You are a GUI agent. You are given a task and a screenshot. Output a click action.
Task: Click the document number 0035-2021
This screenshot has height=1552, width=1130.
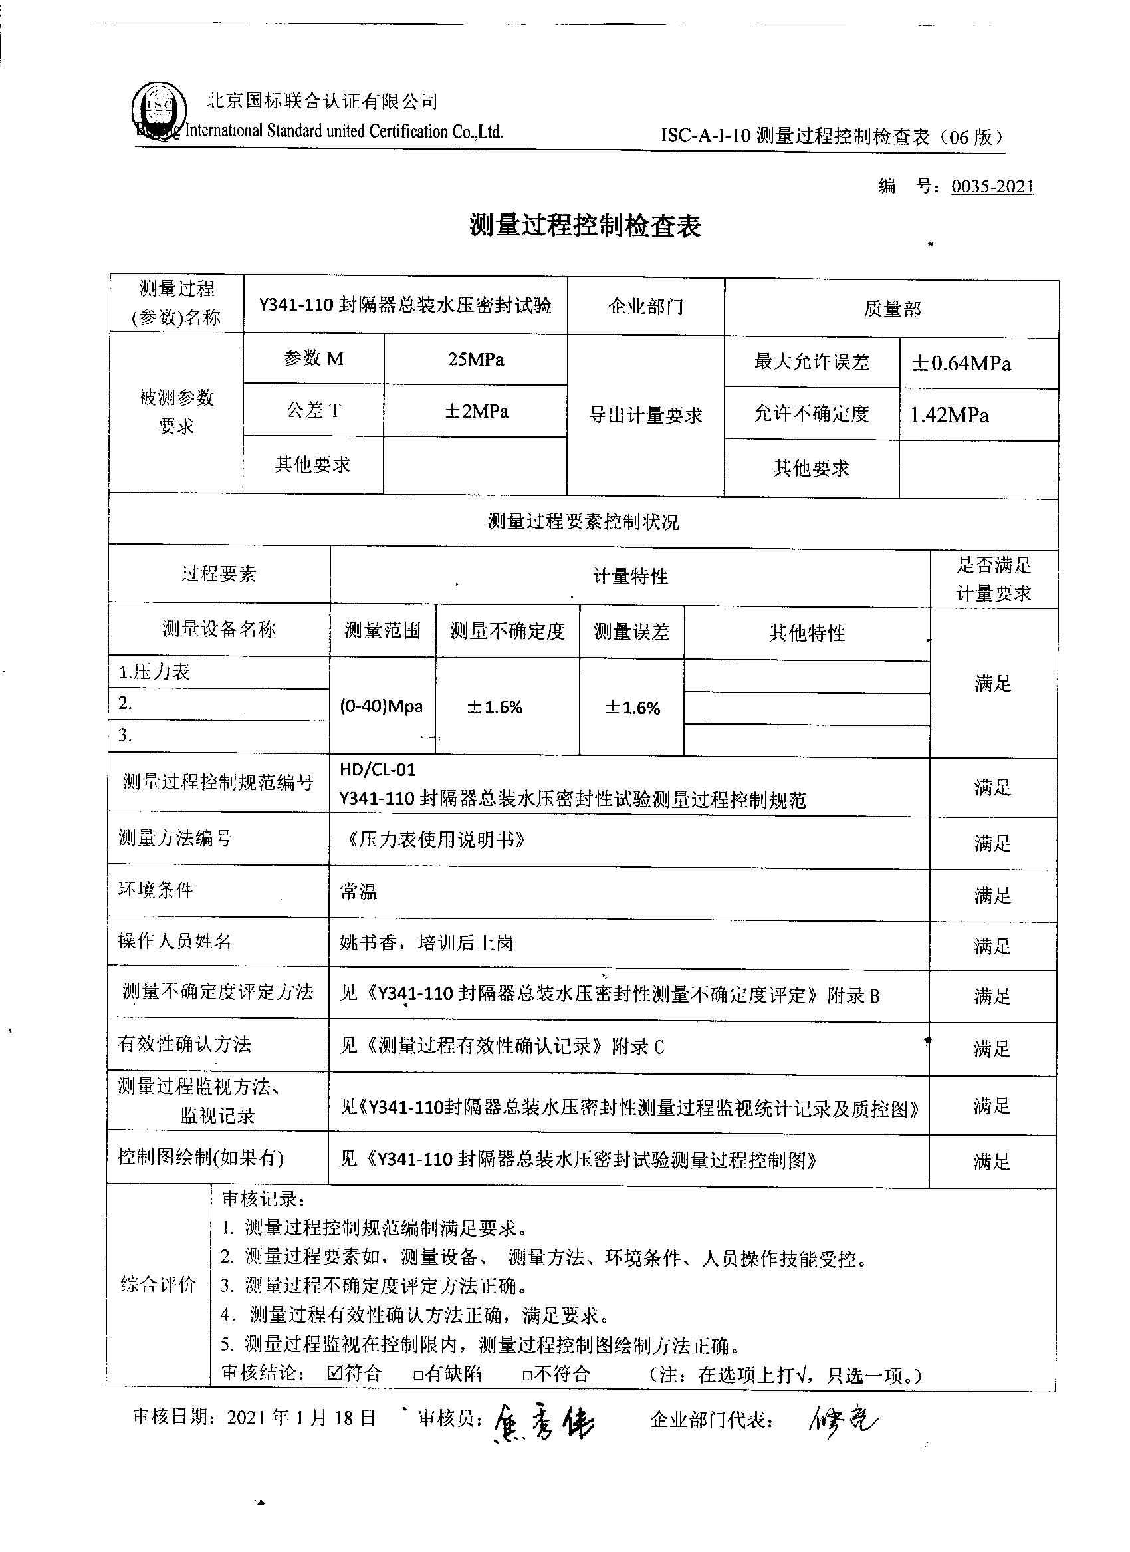point(992,186)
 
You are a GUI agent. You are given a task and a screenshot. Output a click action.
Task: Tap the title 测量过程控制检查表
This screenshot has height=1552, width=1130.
point(585,225)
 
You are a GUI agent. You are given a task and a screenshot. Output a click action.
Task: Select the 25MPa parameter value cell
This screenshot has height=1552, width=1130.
point(475,359)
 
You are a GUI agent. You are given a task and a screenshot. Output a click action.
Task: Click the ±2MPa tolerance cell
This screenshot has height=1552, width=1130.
point(476,411)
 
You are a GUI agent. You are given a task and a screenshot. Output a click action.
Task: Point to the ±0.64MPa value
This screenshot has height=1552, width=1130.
point(961,363)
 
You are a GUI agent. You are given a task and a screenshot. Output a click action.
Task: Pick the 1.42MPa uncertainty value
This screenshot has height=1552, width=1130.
point(949,415)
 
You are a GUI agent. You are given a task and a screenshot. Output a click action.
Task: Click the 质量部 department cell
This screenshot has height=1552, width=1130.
point(891,309)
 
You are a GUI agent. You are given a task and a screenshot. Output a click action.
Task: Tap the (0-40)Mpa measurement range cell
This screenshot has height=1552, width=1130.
point(381,706)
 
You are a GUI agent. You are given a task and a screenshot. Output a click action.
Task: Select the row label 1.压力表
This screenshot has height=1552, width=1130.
point(155,672)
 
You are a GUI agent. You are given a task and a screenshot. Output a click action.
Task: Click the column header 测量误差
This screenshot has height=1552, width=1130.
point(631,631)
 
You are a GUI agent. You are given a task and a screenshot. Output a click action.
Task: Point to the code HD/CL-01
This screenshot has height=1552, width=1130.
point(378,770)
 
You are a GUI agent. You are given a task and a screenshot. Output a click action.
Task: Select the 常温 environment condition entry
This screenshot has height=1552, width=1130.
point(358,892)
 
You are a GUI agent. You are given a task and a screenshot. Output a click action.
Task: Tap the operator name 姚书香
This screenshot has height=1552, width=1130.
point(374,943)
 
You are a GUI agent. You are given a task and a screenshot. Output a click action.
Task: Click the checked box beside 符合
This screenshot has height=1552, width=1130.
point(334,1372)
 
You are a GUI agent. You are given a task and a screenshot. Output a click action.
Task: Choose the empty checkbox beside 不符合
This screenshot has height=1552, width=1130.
point(526,1374)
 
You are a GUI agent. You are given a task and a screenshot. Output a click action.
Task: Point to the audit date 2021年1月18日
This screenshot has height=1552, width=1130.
point(301,1417)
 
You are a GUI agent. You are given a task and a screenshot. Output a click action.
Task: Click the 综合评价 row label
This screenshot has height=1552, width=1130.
point(158,1285)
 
